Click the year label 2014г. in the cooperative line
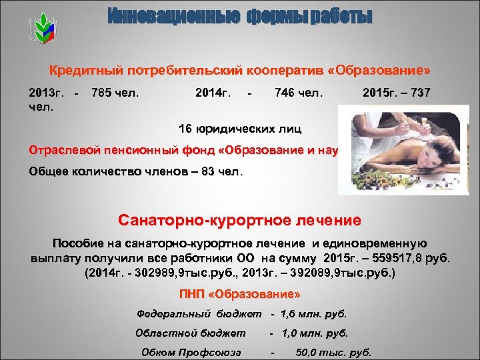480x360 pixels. [x=213, y=92]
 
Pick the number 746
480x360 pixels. [x=285, y=92]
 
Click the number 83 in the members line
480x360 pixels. [x=209, y=171]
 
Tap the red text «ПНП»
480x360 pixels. [x=195, y=293]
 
